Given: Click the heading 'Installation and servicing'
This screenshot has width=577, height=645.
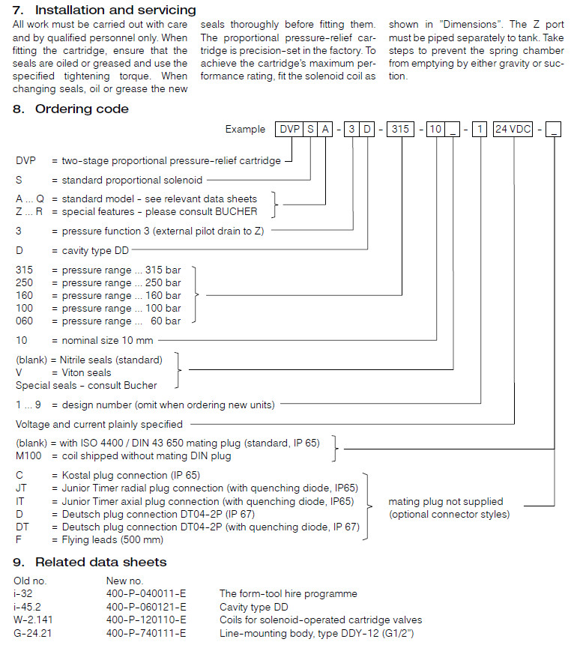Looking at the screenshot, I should click(x=115, y=10).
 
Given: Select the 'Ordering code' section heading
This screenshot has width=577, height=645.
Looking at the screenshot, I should click(x=81, y=109).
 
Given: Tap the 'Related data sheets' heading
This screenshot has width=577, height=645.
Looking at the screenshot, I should click(x=100, y=562).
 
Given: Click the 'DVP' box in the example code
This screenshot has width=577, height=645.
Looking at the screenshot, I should click(x=288, y=130).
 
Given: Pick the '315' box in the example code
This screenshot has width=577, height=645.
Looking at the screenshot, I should click(x=401, y=130).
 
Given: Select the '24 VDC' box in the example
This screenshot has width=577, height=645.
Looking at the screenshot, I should click(x=513, y=130).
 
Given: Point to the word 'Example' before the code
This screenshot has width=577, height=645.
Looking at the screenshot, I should click(x=245, y=130).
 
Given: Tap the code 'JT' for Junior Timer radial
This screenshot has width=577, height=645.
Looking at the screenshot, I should click(x=21, y=488).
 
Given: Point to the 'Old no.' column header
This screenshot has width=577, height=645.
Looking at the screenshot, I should click(x=31, y=580).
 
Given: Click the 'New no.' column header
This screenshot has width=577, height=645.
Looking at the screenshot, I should click(x=124, y=580).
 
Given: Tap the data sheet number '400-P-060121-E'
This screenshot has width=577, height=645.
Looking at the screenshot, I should click(x=146, y=607).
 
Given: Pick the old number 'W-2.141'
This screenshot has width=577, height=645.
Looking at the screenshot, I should click(x=34, y=620).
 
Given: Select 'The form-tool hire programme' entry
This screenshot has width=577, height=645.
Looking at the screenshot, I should click(x=288, y=594).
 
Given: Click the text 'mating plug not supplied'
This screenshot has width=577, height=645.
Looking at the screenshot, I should click(x=446, y=501).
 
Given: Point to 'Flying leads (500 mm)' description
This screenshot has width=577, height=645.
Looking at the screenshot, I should click(x=112, y=539).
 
